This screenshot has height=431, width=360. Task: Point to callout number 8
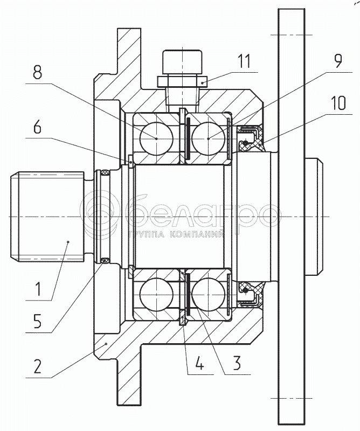37,72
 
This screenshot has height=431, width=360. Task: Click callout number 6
37,127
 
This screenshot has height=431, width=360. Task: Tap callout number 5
37,321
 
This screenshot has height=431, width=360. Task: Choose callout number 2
37,366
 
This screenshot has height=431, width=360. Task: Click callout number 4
200,363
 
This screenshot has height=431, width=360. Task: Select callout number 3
237,363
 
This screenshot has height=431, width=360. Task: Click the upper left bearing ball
156,138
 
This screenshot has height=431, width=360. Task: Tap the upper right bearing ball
209,138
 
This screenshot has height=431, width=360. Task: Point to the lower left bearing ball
156,294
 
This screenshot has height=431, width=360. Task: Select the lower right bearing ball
209,294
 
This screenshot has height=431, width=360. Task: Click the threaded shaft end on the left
47,217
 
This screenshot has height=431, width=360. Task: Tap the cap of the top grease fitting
183,62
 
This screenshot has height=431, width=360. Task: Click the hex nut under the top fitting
183,82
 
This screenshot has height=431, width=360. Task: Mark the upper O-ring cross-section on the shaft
105,173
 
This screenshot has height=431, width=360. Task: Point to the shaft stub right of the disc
314,217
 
